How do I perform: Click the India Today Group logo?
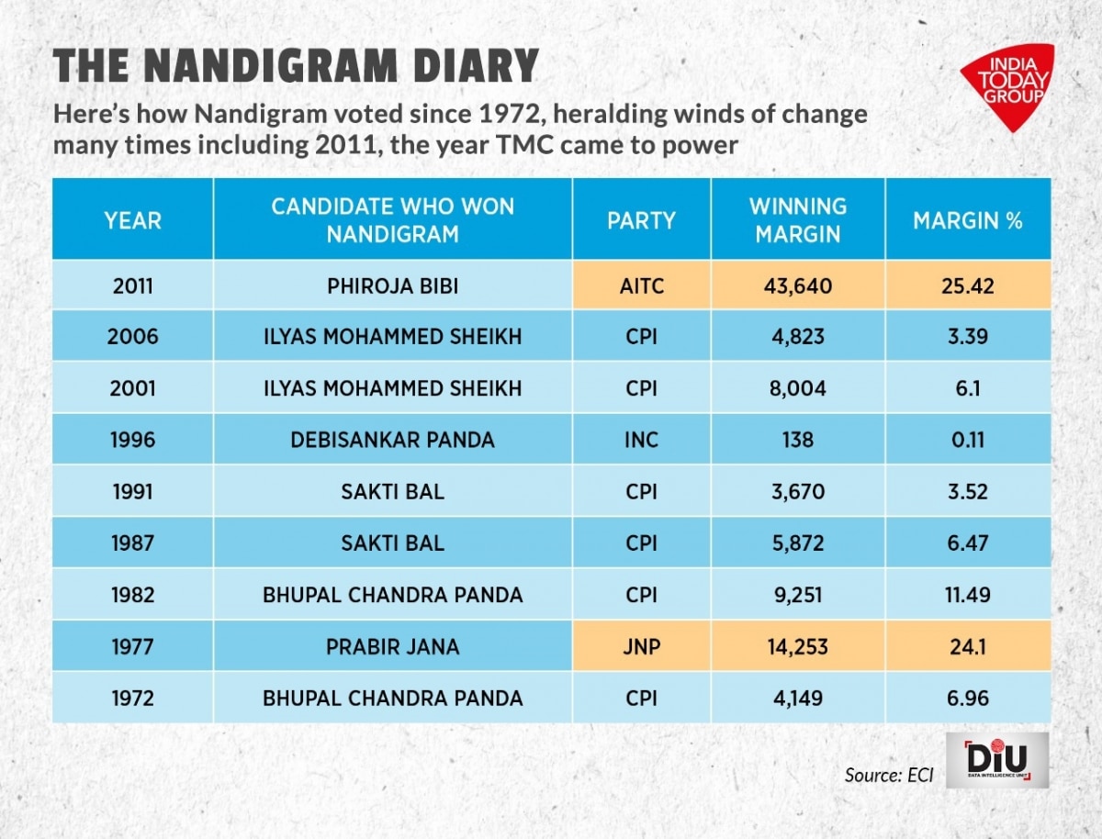coord(1006,85)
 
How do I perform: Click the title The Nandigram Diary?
coord(296,68)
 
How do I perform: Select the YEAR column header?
coord(132,220)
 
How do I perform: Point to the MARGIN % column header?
coord(967,220)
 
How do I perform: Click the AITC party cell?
coord(641,285)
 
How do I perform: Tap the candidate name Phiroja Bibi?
coord(392,285)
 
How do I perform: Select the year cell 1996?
coord(132,440)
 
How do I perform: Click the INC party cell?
coord(641,440)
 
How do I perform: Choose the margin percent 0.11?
coord(967,440)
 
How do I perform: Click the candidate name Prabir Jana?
coord(392,647)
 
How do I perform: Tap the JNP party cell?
coord(641,647)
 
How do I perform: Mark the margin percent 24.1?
coord(967,647)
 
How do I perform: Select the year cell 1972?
coord(132,699)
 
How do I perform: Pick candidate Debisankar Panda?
coord(392,440)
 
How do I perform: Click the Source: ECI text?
coord(888,775)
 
